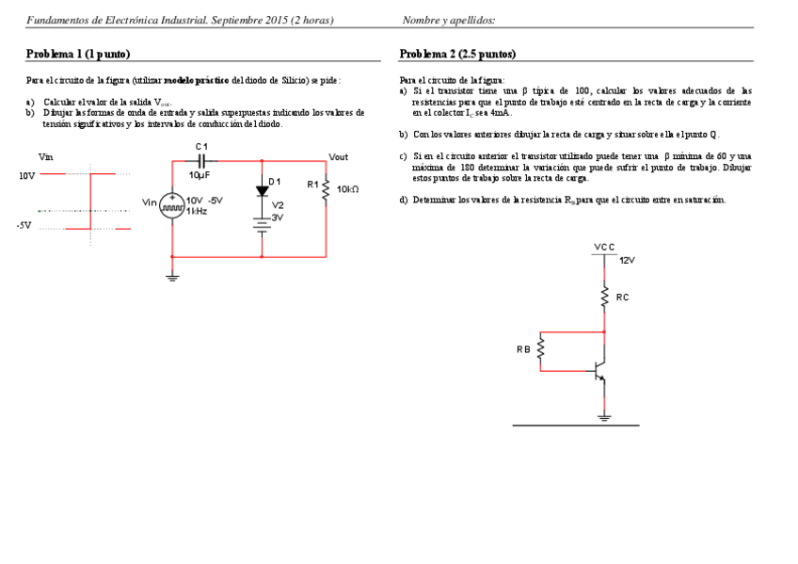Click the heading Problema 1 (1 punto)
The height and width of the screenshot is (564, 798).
coord(78,54)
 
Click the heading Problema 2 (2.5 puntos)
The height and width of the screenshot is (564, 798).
coord(457,54)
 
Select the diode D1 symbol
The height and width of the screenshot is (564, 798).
coord(262,190)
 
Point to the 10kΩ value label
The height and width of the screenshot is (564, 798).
coord(347,189)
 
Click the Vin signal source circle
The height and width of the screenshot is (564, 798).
coord(172,205)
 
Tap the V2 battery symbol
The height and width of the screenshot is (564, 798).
coord(262,223)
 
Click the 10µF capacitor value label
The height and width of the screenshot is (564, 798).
coord(199,175)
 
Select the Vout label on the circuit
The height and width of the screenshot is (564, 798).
coord(338,156)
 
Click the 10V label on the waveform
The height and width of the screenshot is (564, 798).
coord(26,175)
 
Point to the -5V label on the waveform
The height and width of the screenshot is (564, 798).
coord(24,226)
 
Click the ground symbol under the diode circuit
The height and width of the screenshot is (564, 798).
coord(172,276)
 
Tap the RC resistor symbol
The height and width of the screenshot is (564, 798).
coord(603,298)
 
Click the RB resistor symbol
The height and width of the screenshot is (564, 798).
coord(541,350)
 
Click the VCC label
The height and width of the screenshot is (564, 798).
coord(604,247)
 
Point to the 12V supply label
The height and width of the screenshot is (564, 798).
coord(628,261)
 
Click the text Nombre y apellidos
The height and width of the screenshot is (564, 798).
coord(448,20)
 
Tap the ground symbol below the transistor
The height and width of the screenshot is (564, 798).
coord(603,416)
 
